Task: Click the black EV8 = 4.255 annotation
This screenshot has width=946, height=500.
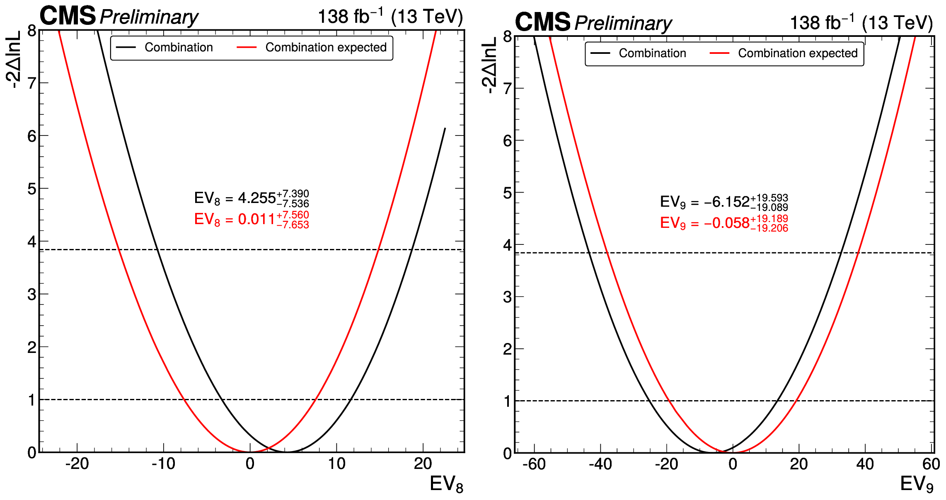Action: coord(251,198)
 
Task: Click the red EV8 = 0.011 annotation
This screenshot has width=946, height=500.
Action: coord(251,220)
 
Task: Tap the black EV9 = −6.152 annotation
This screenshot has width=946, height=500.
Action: coord(723,202)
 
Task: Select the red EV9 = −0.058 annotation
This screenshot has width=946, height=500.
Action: coord(723,223)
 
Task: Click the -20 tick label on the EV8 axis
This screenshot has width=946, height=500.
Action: coord(77,464)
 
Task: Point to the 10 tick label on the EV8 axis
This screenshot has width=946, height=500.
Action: coord(336,464)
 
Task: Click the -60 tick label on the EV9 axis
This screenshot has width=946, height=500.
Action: coord(534,464)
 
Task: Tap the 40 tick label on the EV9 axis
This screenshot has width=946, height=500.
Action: coord(865,464)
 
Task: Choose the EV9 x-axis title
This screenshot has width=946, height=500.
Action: coord(917,484)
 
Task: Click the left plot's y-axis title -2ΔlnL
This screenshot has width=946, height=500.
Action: coord(13,60)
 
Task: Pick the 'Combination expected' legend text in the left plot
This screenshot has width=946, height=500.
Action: coord(326,48)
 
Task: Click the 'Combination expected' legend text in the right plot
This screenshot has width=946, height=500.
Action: coord(798,53)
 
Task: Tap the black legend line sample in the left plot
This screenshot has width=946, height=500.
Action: coord(126,48)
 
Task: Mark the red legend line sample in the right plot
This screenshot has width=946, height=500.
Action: coord(719,53)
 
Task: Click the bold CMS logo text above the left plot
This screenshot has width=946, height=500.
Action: coord(68,16)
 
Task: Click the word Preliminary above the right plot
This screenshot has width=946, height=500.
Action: coord(623,23)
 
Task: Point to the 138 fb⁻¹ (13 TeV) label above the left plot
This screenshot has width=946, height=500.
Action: coord(390,17)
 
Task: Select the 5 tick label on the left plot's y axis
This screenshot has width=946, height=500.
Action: coord(32,189)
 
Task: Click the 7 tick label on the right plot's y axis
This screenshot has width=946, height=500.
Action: coord(507,88)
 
